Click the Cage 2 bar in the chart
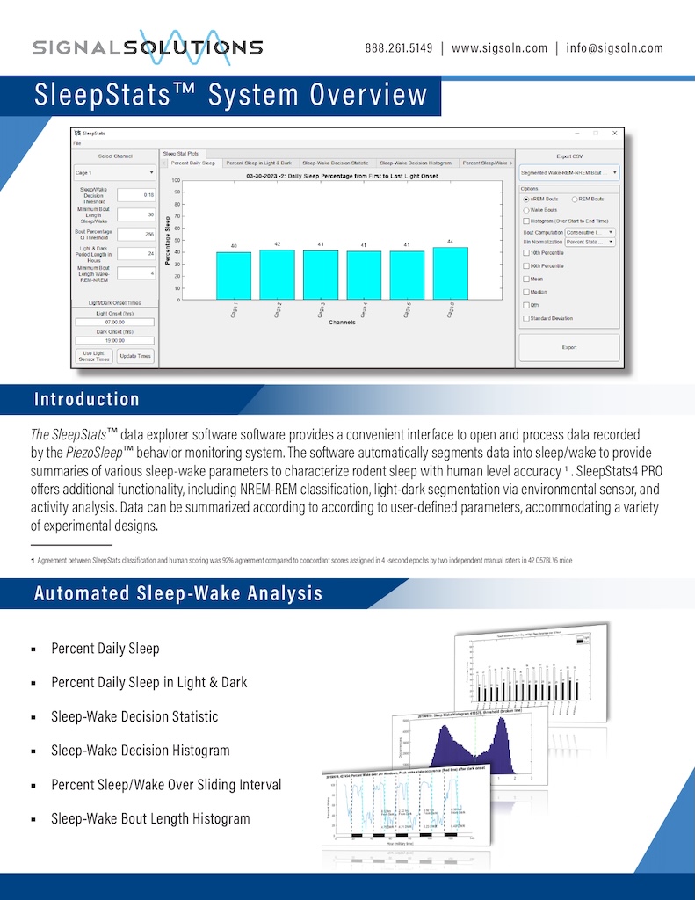[x=277, y=274]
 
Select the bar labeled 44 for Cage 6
[x=450, y=272]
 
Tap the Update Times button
[x=135, y=356]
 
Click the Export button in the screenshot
[x=568, y=347]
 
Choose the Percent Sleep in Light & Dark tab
[x=260, y=163]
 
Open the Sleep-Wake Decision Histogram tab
[x=416, y=163]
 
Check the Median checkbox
[x=525, y=292]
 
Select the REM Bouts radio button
[x=575, y=200]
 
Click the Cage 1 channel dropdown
[x=115, y=172]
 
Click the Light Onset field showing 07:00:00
[x=115, y=322]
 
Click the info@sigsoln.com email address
[x=615, y=48]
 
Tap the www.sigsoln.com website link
[x=499, y=48]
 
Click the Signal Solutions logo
[x=148, y=47]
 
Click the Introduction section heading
[x=86, y=399]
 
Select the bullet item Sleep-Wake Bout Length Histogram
[x=150, y=818]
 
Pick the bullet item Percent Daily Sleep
[x=105, y=648]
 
